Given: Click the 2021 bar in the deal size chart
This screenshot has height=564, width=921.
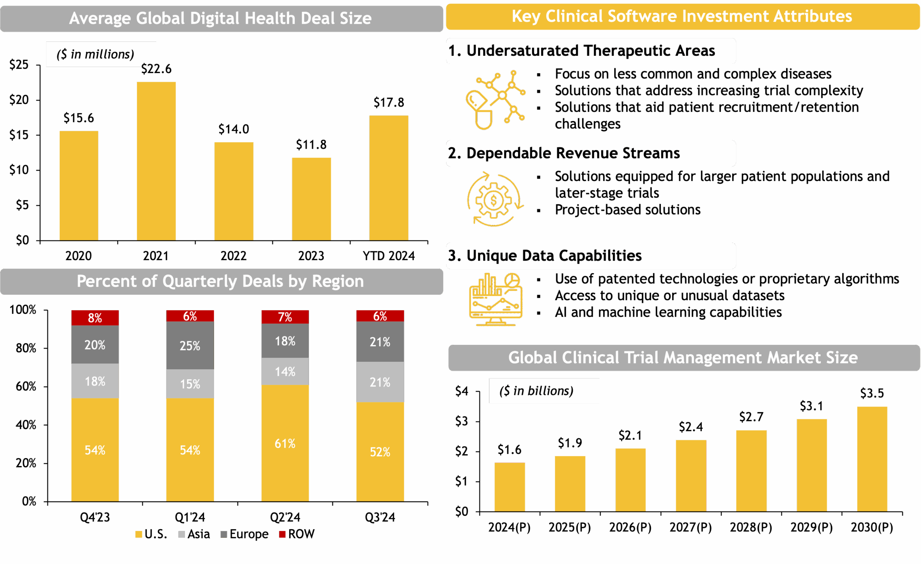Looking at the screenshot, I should coord(156,161).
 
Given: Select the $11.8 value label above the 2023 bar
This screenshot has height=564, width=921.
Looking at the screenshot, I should coord(311,145).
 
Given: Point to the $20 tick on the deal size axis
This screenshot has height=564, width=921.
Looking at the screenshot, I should coord(19,100).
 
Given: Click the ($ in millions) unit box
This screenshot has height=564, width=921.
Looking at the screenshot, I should coord(101,54).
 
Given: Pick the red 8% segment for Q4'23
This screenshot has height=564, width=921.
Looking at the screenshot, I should coord(95,317).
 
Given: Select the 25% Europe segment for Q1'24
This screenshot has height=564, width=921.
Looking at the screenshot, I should coord(190,346).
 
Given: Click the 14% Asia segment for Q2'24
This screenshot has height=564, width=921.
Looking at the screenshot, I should coord(285,371).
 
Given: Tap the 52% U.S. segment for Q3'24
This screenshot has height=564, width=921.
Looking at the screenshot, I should coord(380,451).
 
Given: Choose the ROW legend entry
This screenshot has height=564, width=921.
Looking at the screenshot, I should coord(297,534).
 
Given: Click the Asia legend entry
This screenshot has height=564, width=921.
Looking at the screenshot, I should coord(194,534).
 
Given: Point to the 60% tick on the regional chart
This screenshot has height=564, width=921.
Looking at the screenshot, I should coord(26,386).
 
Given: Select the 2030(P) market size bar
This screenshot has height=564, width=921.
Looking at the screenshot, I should coord(872,459).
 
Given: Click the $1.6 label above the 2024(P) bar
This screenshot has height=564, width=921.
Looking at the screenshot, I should coord(509,450).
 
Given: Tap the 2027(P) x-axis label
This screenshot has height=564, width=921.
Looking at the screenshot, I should coord(690,527).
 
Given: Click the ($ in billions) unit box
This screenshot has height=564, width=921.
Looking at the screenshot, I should coord(544,391).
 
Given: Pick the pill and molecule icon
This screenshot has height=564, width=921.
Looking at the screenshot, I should coord(495,100).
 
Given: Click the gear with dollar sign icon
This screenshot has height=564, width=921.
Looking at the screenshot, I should coord(495,200).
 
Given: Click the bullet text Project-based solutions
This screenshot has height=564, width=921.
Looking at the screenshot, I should coord(627,210).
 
